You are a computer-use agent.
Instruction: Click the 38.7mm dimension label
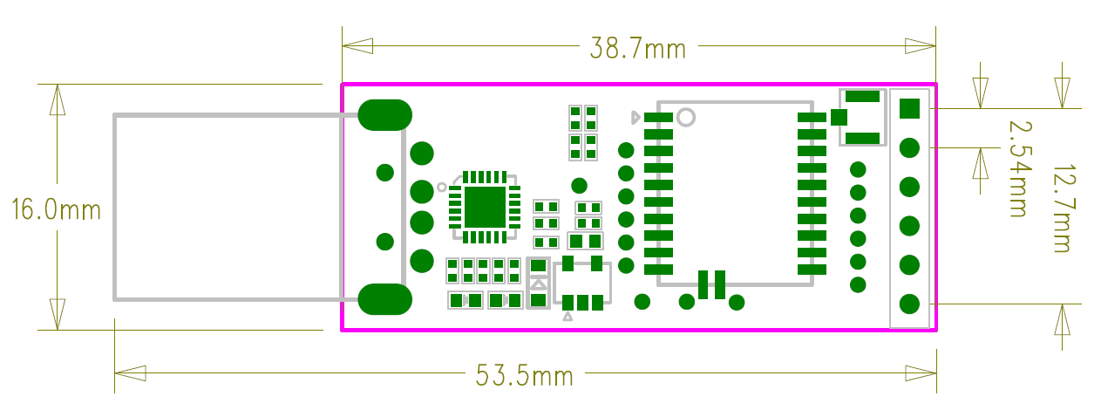tap(637, 48)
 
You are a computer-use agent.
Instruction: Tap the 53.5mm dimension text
tap(524, 377)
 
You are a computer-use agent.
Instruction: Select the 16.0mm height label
tap(56, 209)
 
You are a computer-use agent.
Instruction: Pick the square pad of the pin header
tap(909, 108)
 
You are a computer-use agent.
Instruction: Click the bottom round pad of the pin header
tap(909, 304)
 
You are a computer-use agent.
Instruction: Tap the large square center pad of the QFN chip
tap(485, 207)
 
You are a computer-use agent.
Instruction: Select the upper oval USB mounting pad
tap(384, 114)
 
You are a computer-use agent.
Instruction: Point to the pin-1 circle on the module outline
tap(686, 116)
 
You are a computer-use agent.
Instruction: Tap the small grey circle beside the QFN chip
tap(442, 186)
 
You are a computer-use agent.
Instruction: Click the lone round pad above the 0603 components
tap(579, 186)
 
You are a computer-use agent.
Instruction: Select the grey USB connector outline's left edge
tap(114, 208)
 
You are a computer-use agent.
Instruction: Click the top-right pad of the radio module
tap(811, 117)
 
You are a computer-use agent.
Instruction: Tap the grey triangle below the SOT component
tap(567, 317)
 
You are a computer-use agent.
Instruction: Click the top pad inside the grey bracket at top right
tap(862, 97)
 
